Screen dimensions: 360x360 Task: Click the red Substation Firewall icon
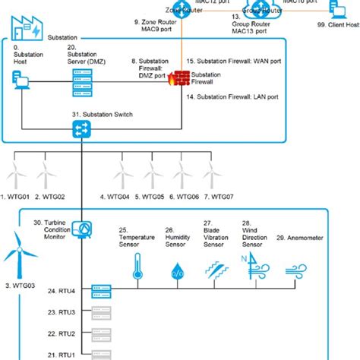[x=180, y=78]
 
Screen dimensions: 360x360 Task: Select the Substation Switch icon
[x=81, y=131]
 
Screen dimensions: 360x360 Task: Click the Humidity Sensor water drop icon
[x=177, y=270]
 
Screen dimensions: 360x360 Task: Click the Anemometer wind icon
[x=295, y=270]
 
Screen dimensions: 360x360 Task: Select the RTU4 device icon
[x=101, y=290]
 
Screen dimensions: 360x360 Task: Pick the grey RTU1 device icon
[x=101, y=354]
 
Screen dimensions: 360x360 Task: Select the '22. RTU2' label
[x=61, y=333]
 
